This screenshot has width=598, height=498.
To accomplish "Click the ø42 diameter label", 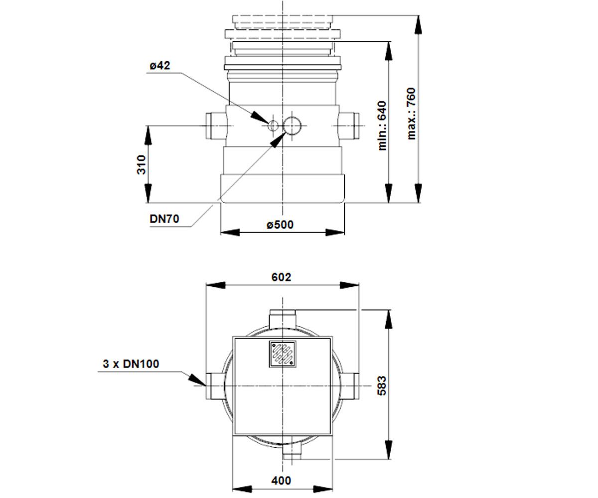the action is [160, 66].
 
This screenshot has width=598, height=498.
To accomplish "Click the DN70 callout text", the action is [164, 219].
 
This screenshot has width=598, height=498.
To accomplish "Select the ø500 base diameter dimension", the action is [280, 225].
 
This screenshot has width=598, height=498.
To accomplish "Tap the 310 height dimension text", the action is [142, 164].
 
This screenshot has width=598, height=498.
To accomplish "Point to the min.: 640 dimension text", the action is [382, 125].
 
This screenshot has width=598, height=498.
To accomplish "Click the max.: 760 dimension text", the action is [411, 114].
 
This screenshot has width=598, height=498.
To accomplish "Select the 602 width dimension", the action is [281, 277].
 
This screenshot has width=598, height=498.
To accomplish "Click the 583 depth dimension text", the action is [382, 386].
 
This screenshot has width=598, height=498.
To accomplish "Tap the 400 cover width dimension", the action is [281, 481].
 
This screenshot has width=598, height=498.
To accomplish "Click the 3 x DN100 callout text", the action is [131, 364].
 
